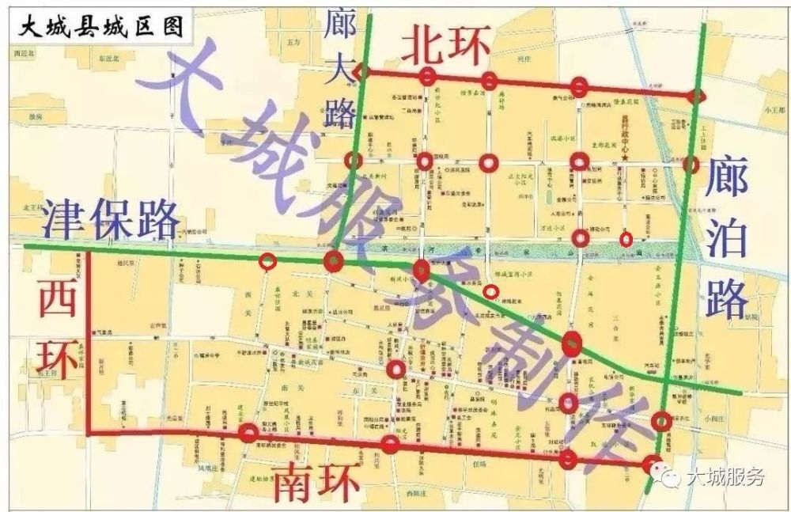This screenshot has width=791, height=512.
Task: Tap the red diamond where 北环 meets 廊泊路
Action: click(x=697, y=97)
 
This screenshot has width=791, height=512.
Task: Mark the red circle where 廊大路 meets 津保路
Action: click(x=333, y=260)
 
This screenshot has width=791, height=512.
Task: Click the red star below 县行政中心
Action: click(x=625, y=161)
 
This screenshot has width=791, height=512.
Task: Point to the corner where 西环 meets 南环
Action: click(x=89, y=433)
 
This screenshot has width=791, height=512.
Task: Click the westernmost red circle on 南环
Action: click(x=248, y=432)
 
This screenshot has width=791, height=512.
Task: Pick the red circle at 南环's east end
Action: click(x=652, y=464)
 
